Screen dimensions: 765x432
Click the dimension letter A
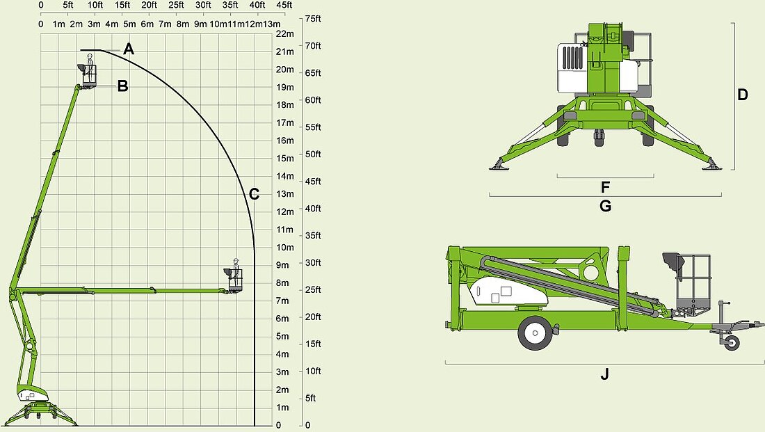point(129,49)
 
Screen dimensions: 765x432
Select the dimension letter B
point(122,86)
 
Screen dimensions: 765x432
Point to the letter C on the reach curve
point(254,194)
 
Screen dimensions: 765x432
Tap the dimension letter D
point(743,95)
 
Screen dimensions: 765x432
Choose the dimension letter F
point(605,187)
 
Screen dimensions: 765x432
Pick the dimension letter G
point(605,206)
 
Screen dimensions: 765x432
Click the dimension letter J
point(604,374)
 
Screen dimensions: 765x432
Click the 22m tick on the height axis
point(285,33)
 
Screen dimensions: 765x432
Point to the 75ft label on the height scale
point(313,19)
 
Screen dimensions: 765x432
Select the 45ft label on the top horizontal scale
point(284,5)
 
